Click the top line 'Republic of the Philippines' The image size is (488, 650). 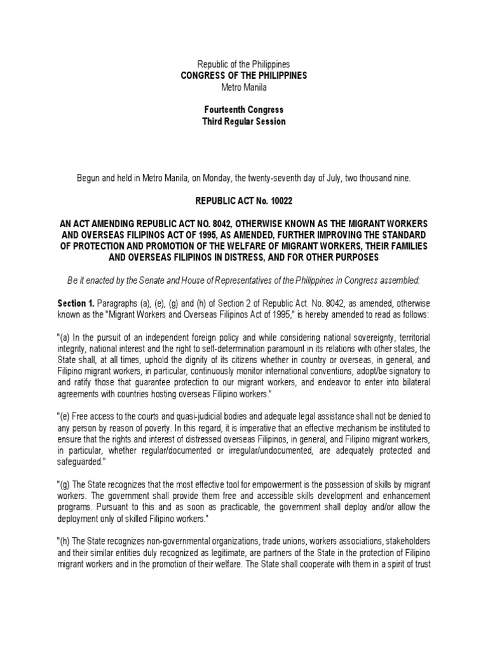[x=244, y=65]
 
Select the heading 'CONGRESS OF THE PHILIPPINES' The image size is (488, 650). [x=244, y=76]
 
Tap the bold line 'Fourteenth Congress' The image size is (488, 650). [x=244, y=110]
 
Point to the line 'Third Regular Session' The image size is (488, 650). [x=244, y=121]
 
